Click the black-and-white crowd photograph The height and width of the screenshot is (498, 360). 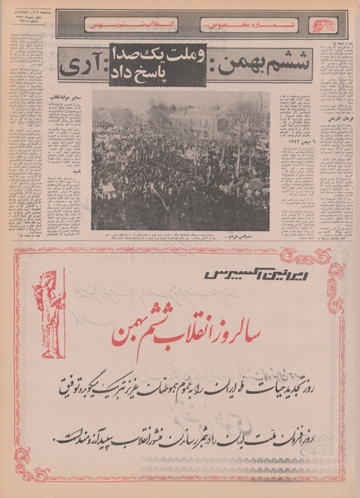[x=181, y=160]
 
